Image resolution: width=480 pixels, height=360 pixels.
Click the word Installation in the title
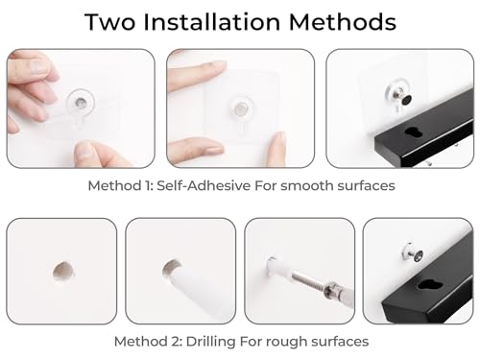point(212,22)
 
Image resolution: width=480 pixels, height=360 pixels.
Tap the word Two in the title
point(109,22)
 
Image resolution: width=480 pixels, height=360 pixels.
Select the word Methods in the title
point(343,22)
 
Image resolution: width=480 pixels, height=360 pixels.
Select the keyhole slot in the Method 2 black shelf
point(427,285)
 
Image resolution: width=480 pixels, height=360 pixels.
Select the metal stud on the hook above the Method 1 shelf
point(404,99)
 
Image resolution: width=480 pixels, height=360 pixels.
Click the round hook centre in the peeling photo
point(80,103)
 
